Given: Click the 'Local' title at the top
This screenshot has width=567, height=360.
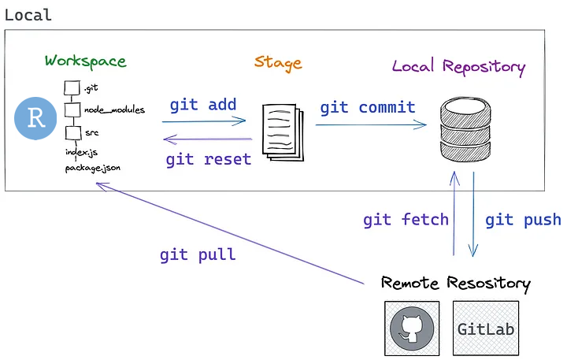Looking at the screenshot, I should pyautogui.click(x=28, y=15).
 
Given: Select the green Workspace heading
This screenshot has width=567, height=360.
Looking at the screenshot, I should pyautogui.click(x=85, y=61).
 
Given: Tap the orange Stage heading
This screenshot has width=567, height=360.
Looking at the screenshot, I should pyautogui.click(x=277, y=62).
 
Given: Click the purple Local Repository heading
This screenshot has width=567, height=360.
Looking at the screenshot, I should pyautogui.click(x=458, y=66).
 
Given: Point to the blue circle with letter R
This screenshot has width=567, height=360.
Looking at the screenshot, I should pyautogui.click(x=35, y=118).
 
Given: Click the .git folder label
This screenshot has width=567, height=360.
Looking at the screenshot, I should pyautogui.click(x=91, y=89).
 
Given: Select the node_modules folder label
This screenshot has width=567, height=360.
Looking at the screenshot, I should pyautogui.click(x=114, y=110).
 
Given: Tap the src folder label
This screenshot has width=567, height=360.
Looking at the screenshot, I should pyautogui.click(x=91, y=133).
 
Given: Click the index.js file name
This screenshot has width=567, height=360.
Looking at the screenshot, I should pyautogui.click(x=81, y=151).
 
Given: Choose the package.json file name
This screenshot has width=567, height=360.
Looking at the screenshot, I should pyautogui.click(x=92, y=167).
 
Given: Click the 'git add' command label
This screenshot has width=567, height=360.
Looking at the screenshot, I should pyautogui.click(x=202, y=106).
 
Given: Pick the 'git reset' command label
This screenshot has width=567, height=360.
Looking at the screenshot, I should pyautogui.click(x=208, y=159).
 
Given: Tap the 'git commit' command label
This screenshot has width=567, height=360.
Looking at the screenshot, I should pyautogui.click(x=367, y=107).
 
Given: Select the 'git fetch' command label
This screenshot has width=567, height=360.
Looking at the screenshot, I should pyautogui.click(x=406, y=220).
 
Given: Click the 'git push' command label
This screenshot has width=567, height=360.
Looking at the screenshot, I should pyautogui.click(x=523, y=220).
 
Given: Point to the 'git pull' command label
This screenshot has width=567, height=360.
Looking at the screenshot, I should pyautogui.click(x=197, y=254).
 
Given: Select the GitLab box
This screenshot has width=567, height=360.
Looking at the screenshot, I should pyautogui.click(x=486, y=327).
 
